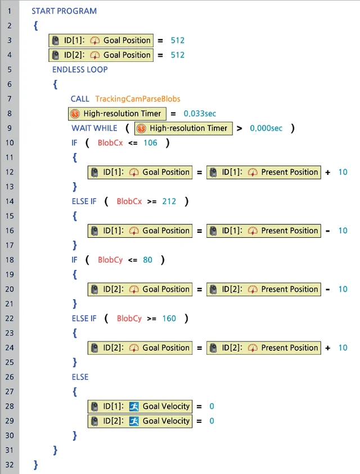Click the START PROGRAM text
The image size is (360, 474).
(64, 11)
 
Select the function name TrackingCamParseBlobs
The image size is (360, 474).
(138, 99)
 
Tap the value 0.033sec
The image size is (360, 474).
(200, 114)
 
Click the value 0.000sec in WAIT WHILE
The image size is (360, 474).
(266, 128)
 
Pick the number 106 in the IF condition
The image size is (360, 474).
(150, 143)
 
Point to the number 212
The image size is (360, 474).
(169, 201)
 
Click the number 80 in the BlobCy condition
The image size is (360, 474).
(147, 260)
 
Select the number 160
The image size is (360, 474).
(169, 318)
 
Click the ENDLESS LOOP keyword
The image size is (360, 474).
(80, 70)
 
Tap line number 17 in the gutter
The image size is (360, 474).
(10, 245)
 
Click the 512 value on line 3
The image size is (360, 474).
(178, 40)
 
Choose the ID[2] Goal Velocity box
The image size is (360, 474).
(140, 421)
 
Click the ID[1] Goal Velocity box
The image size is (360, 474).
(140, 407)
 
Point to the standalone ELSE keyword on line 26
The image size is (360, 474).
(80, 377)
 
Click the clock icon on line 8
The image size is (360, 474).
(75, 114)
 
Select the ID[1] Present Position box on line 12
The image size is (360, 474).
(264, 172)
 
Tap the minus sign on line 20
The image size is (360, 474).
(327, 290)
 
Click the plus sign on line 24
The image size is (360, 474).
(327, 348)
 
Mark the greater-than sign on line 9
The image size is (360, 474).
(239, 128)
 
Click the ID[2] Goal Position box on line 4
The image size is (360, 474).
(101, 55)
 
